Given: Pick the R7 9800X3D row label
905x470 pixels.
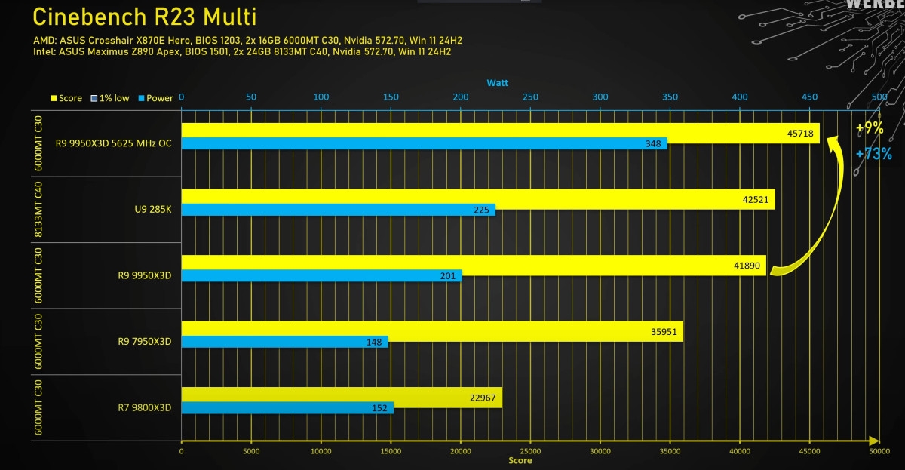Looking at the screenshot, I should coord(145,407).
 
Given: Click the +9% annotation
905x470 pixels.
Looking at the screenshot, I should coord(869,128).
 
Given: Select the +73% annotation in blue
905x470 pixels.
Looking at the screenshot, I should coord(873,154).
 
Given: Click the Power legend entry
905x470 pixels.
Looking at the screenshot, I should coord(155,98).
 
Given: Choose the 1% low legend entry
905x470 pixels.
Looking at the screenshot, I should coord(111,98).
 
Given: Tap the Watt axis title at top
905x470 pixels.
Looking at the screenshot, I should coord(497,82).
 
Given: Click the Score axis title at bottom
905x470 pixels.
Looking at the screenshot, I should coord(520,460).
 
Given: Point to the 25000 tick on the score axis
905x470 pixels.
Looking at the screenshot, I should coord(530,451).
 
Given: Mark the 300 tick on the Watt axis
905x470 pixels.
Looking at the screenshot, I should coord(600,97).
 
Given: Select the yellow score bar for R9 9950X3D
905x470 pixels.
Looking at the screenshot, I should coord(474,265).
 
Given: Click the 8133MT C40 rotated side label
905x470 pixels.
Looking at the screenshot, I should coord(38,210).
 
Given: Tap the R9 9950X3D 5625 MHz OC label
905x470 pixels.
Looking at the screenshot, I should coord(113,143).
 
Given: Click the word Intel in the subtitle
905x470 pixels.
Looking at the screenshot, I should coord(44,52).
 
